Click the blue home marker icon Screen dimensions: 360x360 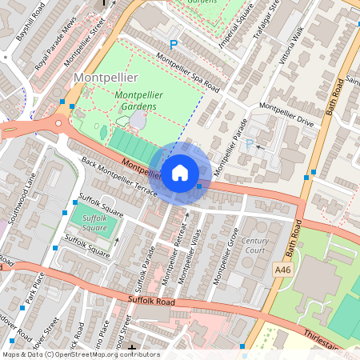[180, 171]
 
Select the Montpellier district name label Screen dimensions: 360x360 [106, 77]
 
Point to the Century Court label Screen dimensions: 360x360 [255, 246]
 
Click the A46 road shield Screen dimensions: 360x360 [282, 271]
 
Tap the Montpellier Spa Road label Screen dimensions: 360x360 [187, 69]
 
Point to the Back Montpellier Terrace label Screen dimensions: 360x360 [119, 177]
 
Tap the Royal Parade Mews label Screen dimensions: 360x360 [58, 50]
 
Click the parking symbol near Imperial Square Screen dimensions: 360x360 [172, 46]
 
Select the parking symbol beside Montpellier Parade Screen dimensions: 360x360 [249, 143]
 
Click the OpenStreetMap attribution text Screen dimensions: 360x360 [80, 354]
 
